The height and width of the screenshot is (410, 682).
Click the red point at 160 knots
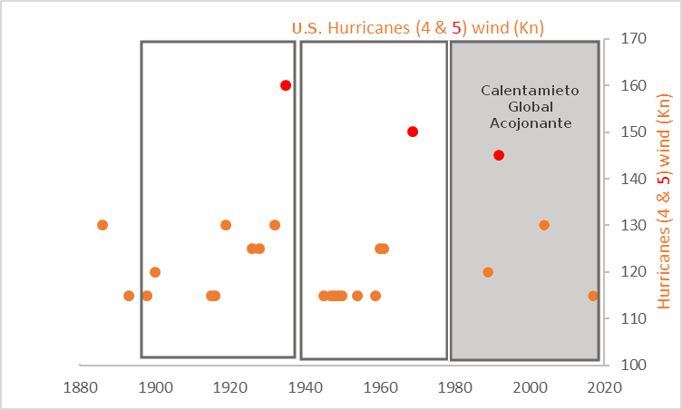286,85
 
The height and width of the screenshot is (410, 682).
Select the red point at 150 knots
413,132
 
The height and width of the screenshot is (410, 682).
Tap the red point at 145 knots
499,155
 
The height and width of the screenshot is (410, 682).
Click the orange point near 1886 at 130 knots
102,225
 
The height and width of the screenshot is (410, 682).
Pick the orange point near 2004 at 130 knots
544,225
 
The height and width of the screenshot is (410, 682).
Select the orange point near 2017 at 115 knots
593,296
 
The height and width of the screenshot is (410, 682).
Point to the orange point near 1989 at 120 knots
488,272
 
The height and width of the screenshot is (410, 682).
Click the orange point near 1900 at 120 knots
155,272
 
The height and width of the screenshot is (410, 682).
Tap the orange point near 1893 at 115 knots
129,296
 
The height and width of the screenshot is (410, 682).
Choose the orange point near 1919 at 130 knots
226,225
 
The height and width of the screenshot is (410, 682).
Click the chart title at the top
417,28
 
